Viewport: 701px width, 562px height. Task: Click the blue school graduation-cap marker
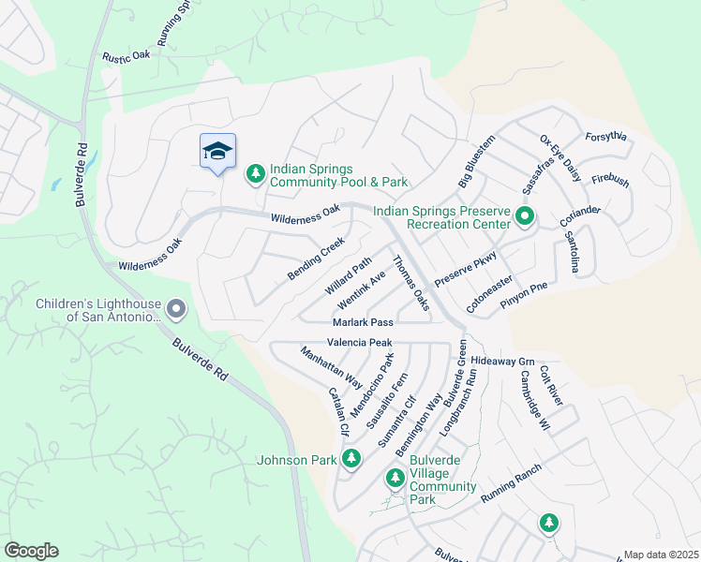pos(217,152)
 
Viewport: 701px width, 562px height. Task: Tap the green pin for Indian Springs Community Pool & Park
pos(255,173)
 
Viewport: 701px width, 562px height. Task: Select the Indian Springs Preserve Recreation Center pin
pos(525,217)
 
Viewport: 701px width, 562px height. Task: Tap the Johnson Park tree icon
pos(351,459)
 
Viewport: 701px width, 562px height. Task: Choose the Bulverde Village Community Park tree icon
pos(395,479)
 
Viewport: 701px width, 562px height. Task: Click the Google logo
pos(31,551)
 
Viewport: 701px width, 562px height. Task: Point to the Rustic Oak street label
pos(127,56)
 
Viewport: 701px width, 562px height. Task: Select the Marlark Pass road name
pos(362,322)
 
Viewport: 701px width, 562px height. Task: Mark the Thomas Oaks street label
pos(410,283)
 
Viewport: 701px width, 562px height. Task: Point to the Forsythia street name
pos(605,137)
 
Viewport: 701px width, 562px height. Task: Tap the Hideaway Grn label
pos(501,361)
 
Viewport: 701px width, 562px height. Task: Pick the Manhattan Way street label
pos(331,368)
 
